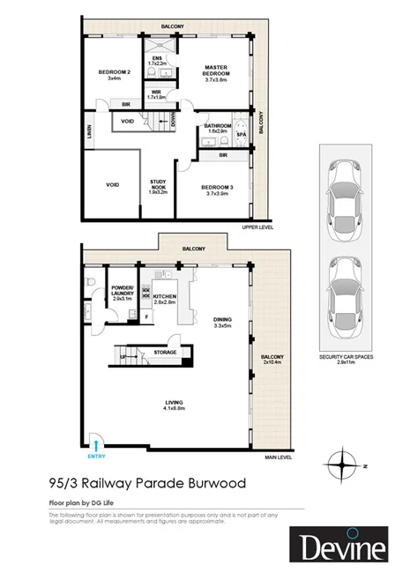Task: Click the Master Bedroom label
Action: pos(217,71)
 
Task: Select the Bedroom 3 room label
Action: pos(216,189)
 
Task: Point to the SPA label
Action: pos(240,134)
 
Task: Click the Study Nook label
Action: pos(160,186)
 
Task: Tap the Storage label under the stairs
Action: pos(165,352)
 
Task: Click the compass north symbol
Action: pos(340,462)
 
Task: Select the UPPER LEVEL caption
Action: pos(257,227)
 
